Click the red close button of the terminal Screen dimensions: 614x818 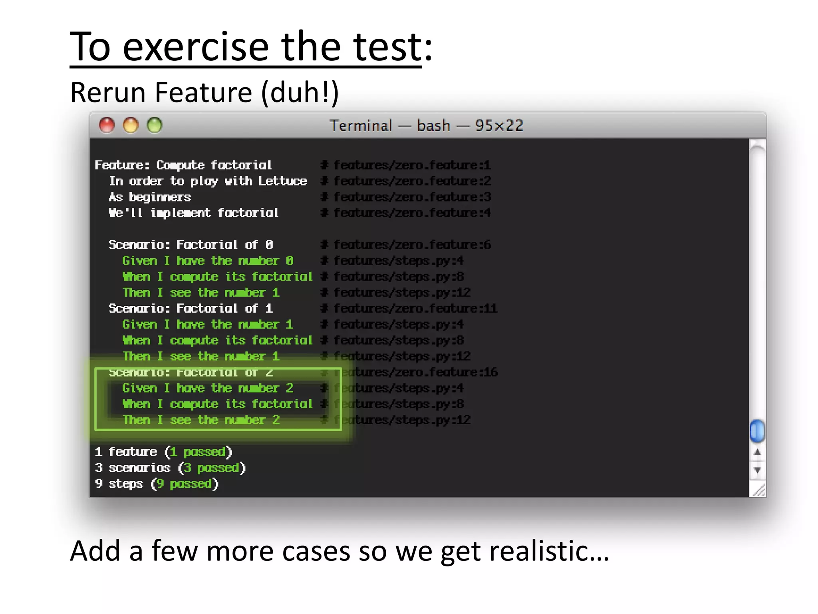click(107, 126)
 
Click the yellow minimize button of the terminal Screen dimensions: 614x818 click(131, 126)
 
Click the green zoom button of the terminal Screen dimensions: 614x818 click(155, 126)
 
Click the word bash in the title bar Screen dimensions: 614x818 click(433, 126)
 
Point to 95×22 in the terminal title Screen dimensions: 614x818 click(499, 126)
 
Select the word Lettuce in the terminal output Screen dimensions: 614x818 click(282, 181)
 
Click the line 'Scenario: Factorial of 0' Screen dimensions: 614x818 click(191, 245)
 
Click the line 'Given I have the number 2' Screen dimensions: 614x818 click(208, 388)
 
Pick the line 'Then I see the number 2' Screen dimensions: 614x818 click(201, 420)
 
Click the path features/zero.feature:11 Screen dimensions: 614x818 click(415, 309)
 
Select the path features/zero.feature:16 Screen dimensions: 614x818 click(415, 372)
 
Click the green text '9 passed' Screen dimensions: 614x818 click(184, 484)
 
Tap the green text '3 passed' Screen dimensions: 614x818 click(212, 468)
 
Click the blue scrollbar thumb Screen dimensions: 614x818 click(757, 431)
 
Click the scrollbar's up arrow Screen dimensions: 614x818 click(757, 453)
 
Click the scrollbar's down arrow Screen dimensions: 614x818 click(757, 470)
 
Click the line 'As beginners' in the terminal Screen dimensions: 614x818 click(150, 197)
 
